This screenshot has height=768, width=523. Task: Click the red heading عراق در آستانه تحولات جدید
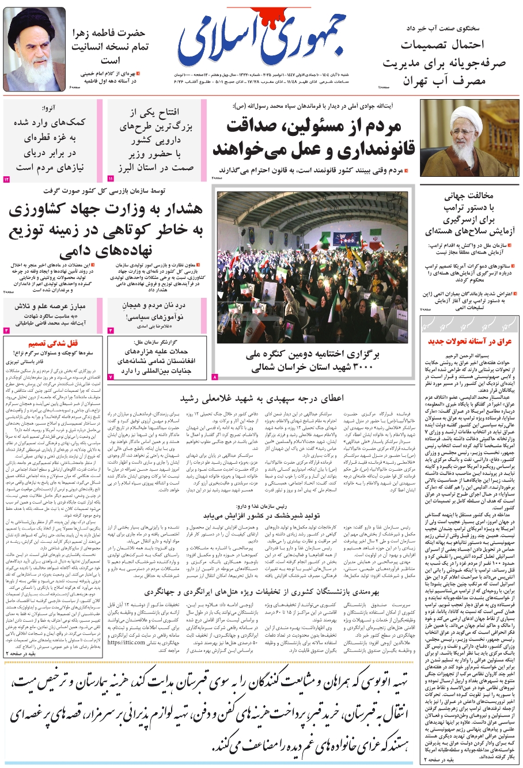pos(469,341)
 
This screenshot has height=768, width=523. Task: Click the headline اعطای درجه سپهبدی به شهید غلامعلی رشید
pos(261,398)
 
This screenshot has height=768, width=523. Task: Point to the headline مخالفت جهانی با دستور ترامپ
pos(468,213)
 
